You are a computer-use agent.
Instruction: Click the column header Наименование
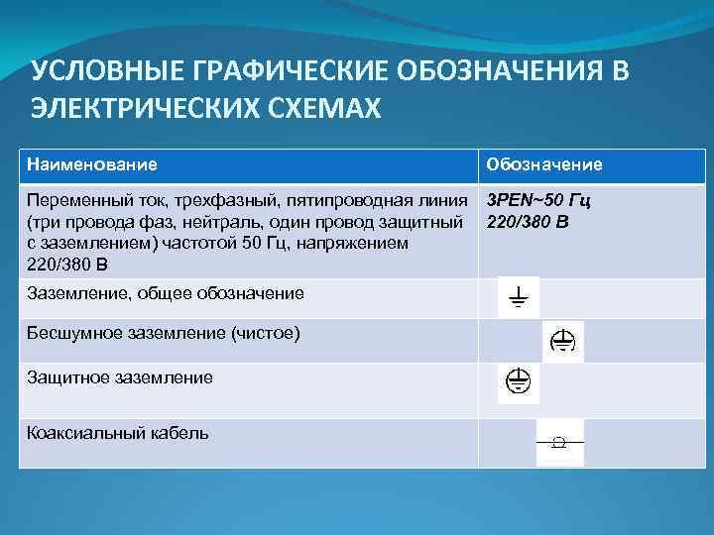[91, 162]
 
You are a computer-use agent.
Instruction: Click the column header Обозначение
[543, 163]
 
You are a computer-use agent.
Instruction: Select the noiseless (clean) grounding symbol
[563, 342]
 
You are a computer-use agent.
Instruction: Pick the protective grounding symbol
[518, 382]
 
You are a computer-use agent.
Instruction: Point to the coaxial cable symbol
[559, 442]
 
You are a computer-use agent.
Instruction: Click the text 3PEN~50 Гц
[539, 201]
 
